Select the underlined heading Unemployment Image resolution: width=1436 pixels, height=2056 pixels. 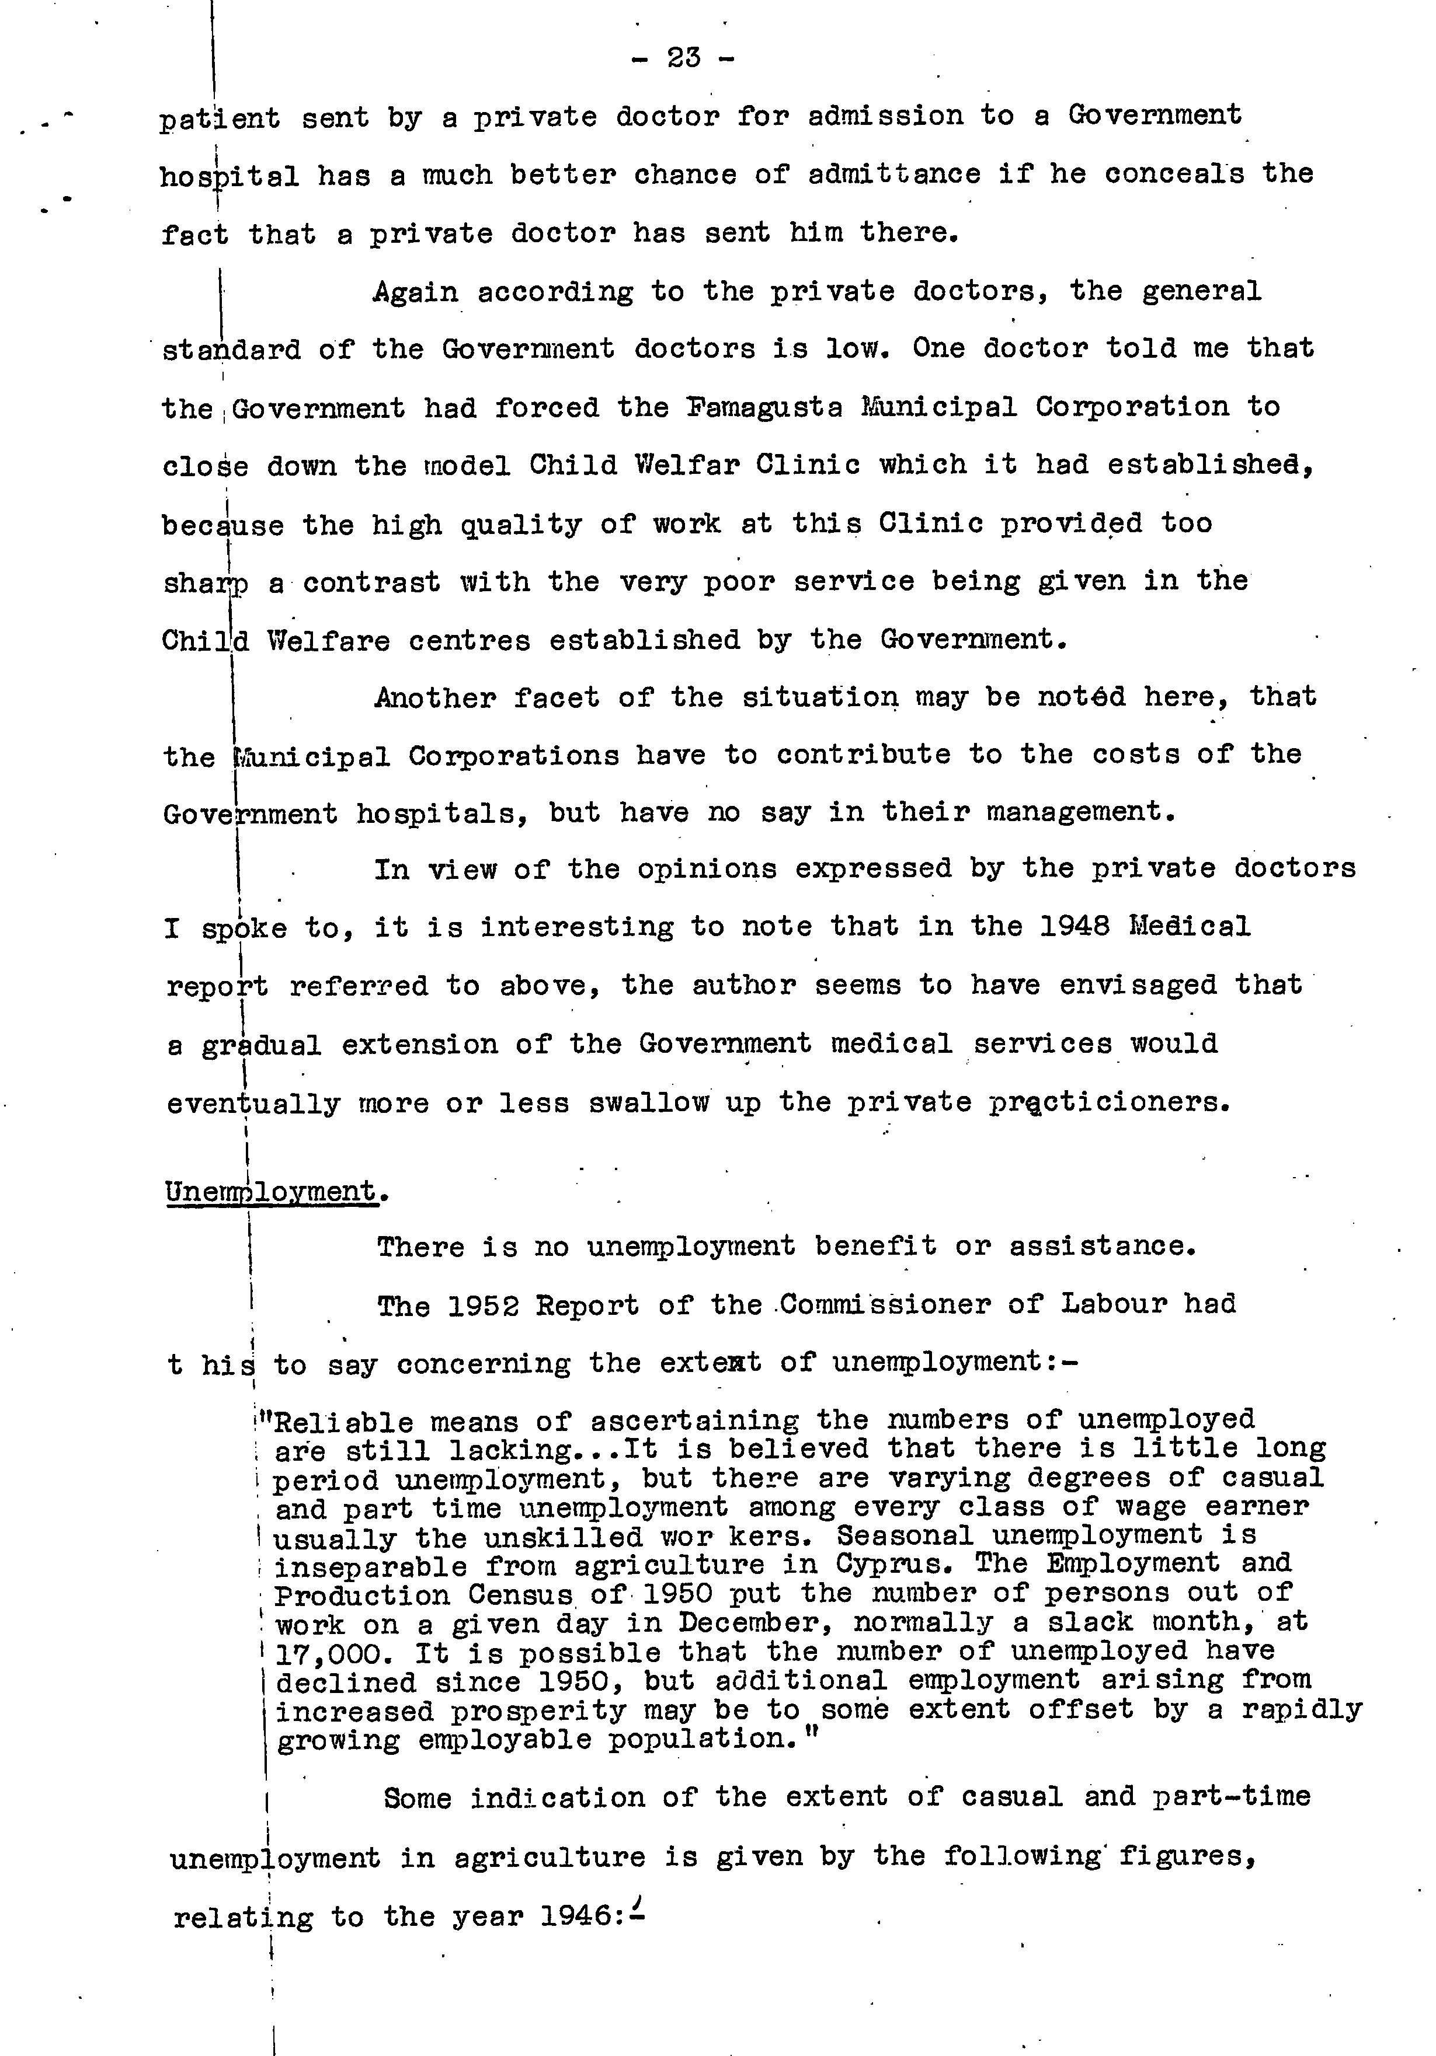pos(270,1192)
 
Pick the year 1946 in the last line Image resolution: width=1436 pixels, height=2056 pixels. pos(576,1917)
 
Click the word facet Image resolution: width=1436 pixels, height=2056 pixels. pos(557,697)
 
